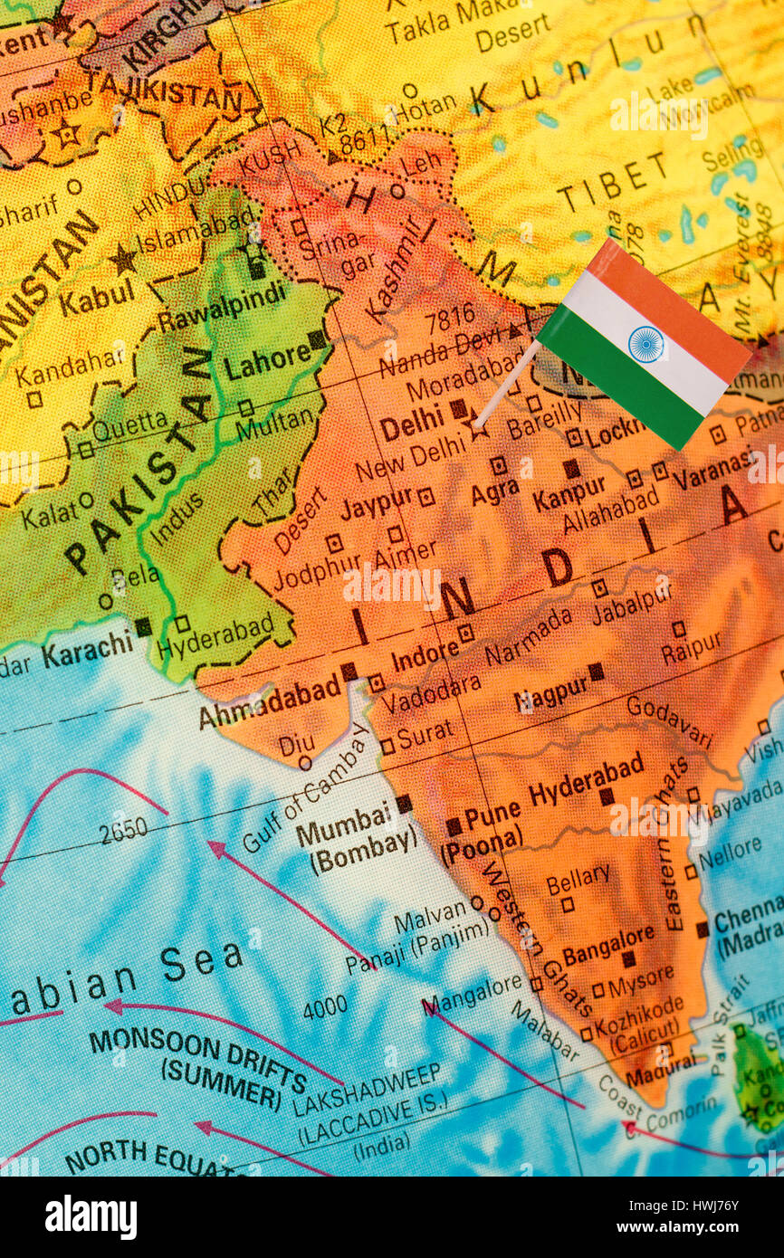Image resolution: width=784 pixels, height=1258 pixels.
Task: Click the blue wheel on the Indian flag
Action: (645, 345)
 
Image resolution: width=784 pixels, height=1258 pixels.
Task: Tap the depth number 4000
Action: (325, 1006)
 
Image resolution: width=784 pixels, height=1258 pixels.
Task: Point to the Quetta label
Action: (129, 424)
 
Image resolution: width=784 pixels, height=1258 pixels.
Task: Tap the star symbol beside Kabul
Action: (123, 260)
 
